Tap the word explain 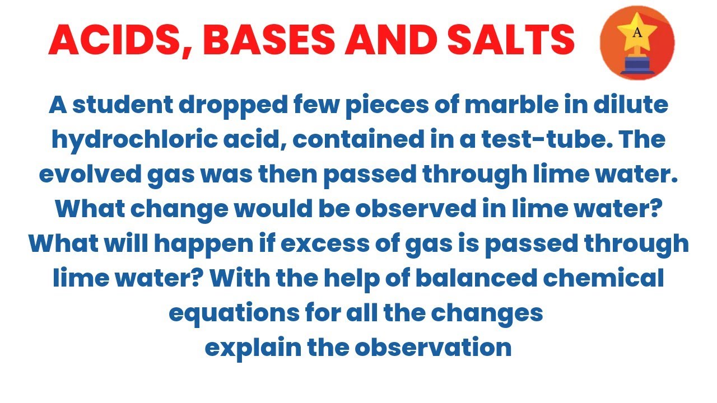pyautogui.click(x=252, y=348)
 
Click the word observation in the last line pyautogui.click(x=433, y=348)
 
